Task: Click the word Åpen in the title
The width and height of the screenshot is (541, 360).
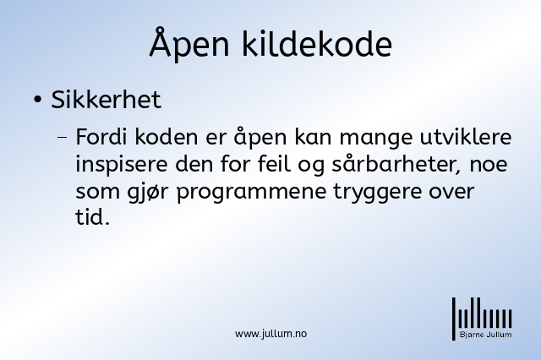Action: pyautogui.click(x=189, y=43)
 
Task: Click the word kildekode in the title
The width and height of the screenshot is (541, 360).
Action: pyautogui.click(x=317, y=43)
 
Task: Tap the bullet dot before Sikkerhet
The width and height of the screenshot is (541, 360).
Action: pyautogui.click(x=37, y=100)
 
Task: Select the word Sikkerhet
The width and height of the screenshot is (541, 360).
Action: pyautogui.click(x=107, y=100)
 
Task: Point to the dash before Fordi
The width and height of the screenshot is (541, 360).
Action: pyautogui.click(x=63, y=137)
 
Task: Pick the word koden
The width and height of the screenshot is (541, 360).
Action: pyautogui.click(x=167, y=137)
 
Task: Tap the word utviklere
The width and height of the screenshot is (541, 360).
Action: pyautogui.click(x=466, y=137)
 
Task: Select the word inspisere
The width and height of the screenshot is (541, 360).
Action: pyautogui.click(x=122, y=165)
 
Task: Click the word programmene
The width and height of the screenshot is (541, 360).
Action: pyautogui.click(x=252, y=192)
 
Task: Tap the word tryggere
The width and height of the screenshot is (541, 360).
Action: pyautogui.click(x=378, y=192)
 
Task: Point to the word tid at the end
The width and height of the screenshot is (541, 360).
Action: pyautogui.click(x=90, y=217)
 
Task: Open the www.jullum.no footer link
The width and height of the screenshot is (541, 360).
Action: pyautogui.click(x=270, y=334)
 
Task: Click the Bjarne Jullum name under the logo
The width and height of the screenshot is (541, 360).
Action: pyautogui.click(x=486, y=335)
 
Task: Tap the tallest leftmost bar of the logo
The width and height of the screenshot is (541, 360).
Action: pyautogui.click(x=454, y=319)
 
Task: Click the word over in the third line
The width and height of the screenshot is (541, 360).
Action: pyautogui.click(x=451, y=192)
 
